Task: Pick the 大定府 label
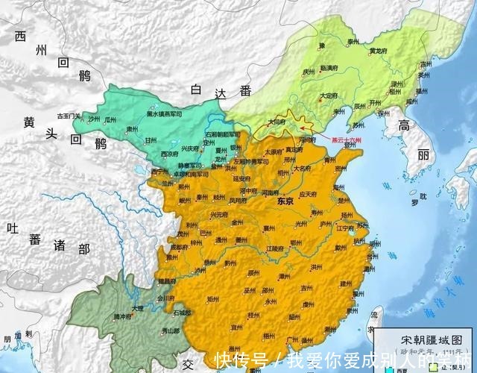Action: (x=329, y=95)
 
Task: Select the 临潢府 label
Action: (x=329, y=67)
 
